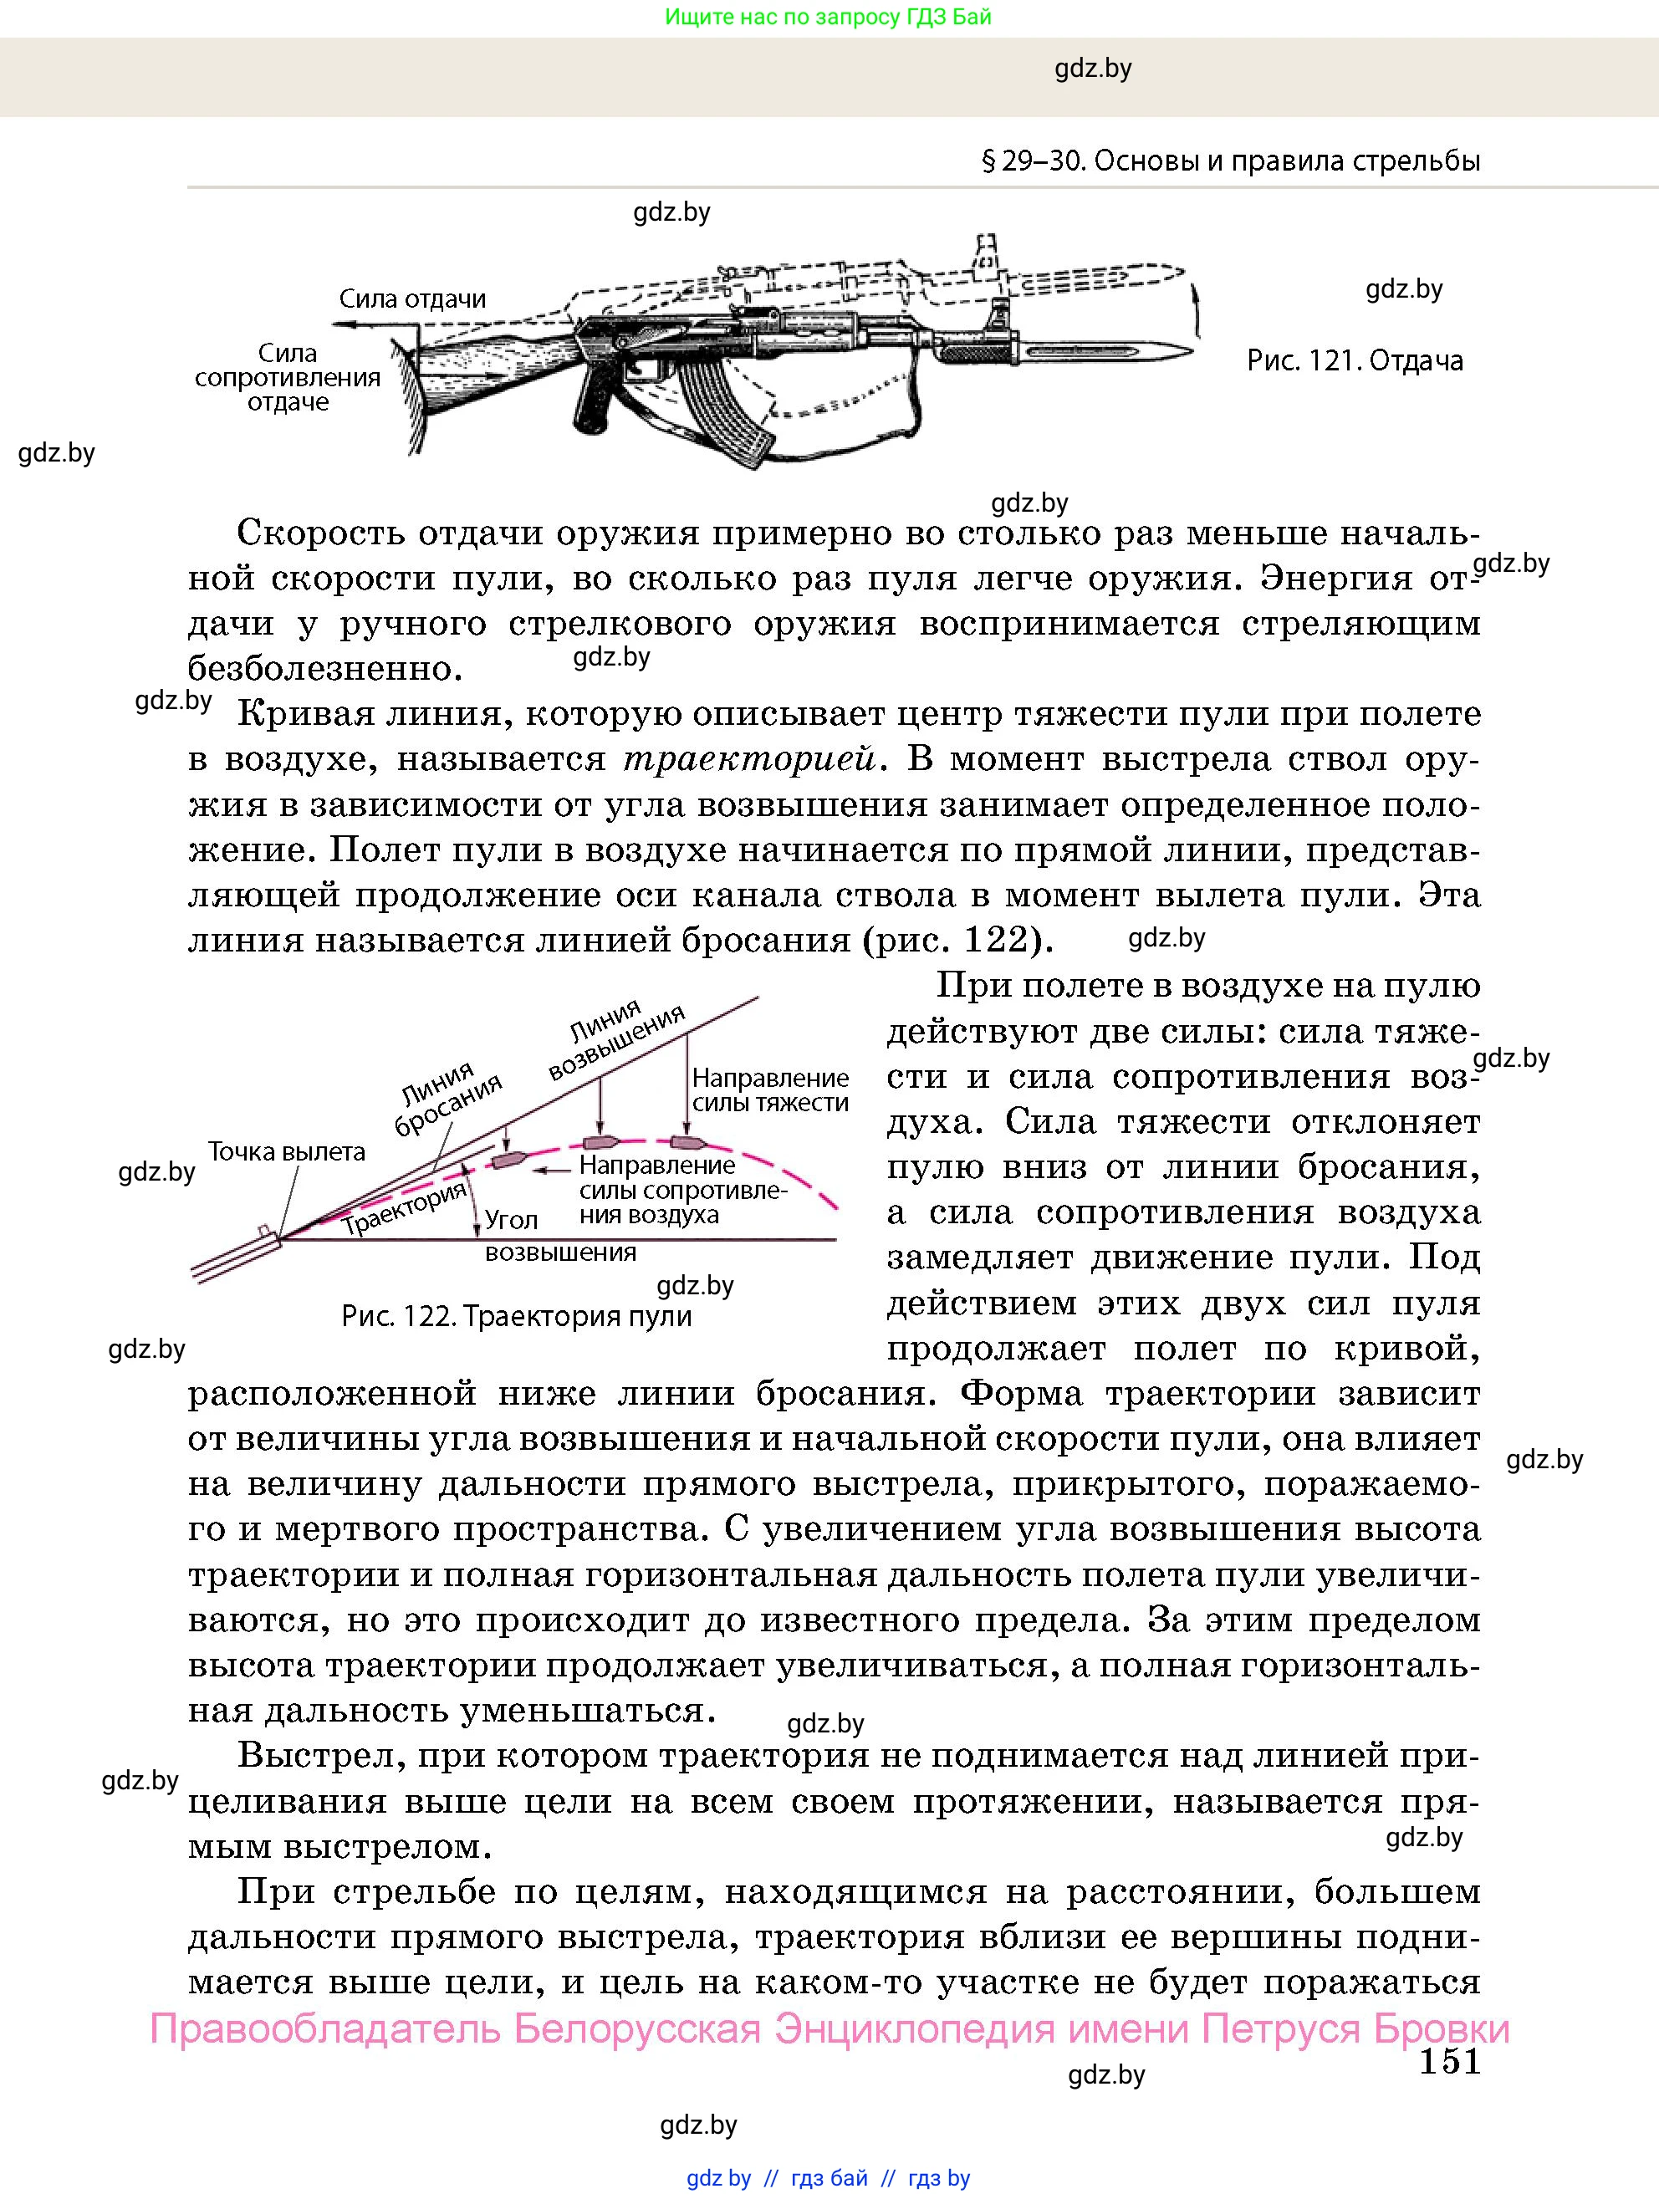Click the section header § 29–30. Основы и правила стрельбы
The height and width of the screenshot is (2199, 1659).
(1231, 161)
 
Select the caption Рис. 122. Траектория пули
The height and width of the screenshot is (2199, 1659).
(516, 1316)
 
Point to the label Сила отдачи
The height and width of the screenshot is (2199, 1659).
(411, 298)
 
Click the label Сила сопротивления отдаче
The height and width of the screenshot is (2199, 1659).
(288, 378)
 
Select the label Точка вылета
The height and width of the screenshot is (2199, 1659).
(286, 1151)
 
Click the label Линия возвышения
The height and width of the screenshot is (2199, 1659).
(616, 1040)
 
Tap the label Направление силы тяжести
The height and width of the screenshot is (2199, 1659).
(769, 1089)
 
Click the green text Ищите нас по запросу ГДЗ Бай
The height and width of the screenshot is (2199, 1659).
(828, 17)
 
